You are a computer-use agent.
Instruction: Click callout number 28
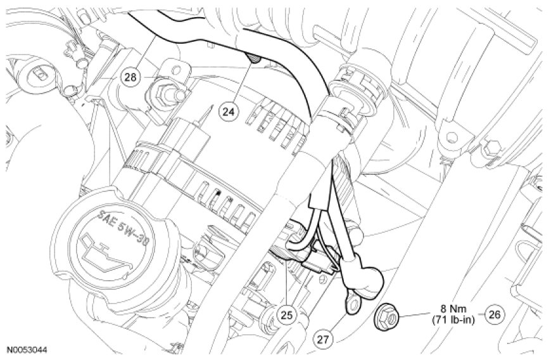[x=130, y=77]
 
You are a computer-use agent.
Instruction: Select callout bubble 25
[x=287, y=315]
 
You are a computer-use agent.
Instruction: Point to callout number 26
[x=494, y=314]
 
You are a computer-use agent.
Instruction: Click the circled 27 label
[x=324, y=339]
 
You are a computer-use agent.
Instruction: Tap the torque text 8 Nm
[x=453, y=309]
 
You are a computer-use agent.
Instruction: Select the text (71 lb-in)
[x=453, y=320]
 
